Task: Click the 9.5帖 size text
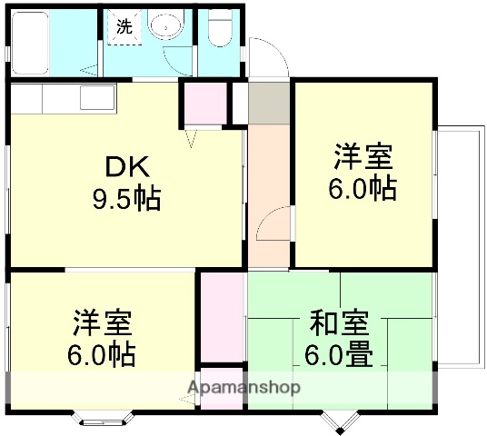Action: [128, 197]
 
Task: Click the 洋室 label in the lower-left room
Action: [103, 322]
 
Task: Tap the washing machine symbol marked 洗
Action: [124, 26]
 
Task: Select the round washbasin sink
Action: [167, 26]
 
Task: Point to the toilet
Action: [219, 31]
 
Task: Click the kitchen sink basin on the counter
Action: [94, 96]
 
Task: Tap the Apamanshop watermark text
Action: [243, 389]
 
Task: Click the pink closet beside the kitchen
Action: [205, 104]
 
